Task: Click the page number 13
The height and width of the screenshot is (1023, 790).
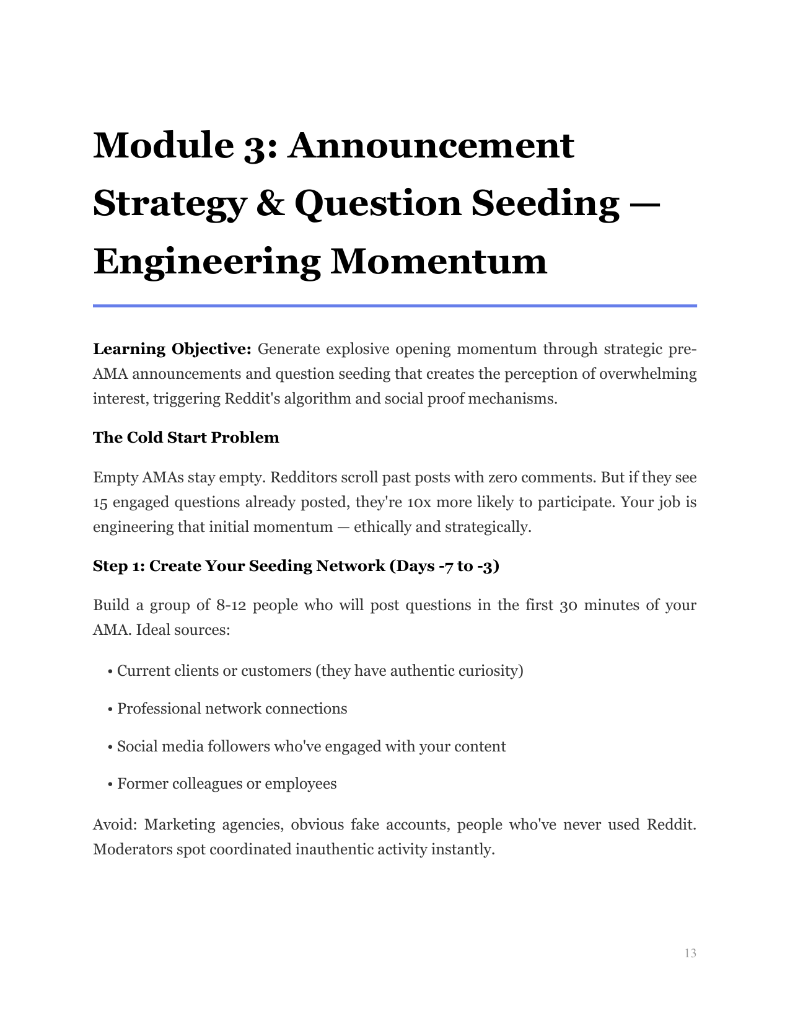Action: tap(690, 953)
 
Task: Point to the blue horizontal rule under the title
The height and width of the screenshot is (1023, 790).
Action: tap(395, 306)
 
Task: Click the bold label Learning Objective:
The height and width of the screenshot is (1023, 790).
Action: tap(172, 349)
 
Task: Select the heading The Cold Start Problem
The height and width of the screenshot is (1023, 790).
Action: tap(186, 438)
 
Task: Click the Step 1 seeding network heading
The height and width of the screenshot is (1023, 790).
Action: tap(296, 566)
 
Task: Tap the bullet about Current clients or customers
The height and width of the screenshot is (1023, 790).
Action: tap(320, 671)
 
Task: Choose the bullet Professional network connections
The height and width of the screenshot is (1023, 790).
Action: tap(232, 709)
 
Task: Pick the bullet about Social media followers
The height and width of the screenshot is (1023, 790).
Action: tap(311, 746)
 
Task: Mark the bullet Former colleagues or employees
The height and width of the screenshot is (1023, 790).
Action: tap(227, 784)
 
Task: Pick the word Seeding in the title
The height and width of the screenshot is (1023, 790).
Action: tap(545, 203)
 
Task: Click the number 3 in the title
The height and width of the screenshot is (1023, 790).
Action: tap(254, 145)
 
